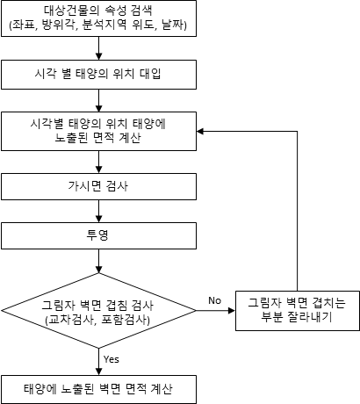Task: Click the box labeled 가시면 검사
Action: coord(98,186)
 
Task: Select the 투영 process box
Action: coord(98,235)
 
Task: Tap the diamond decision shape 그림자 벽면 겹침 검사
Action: coord(98,311)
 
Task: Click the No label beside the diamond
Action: coord(214,300)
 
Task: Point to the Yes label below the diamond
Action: coord(112,359)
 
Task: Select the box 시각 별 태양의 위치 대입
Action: coord(98,75)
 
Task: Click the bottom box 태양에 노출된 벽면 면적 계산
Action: coord(98,389)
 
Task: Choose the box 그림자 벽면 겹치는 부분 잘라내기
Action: coord(298,311)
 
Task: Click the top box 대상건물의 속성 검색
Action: coord(98,18)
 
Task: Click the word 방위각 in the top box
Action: coord(59,25)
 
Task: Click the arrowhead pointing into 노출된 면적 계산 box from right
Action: coord(200,132)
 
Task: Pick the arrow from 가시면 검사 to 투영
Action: coord(98,211)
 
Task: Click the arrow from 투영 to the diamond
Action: coord(98,261)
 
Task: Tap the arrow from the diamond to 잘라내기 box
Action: coord(216,311)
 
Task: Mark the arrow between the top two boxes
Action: coord(98,48)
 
